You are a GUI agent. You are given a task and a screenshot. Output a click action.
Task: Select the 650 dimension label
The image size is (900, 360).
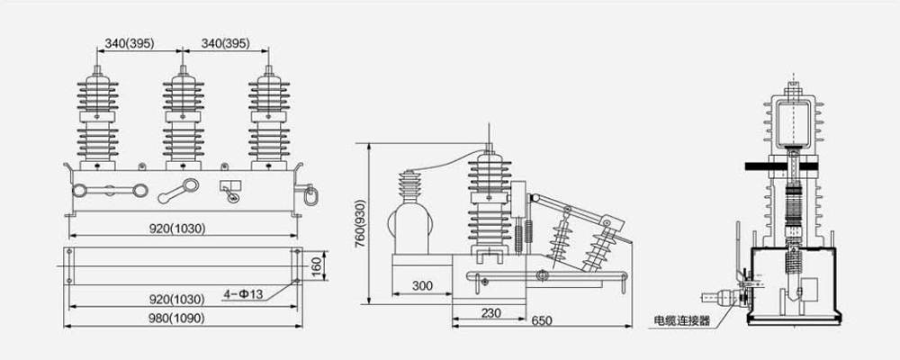coord(541,321)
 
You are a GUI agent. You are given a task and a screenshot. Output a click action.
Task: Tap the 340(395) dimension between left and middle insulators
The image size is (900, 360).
coord(139,42)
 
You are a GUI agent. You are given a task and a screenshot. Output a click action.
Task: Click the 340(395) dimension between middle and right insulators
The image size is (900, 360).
coord(225,42)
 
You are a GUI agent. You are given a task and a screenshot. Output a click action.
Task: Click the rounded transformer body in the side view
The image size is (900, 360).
coord(411,226)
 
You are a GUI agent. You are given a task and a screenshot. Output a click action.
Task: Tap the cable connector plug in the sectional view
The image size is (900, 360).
coord(721,294)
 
